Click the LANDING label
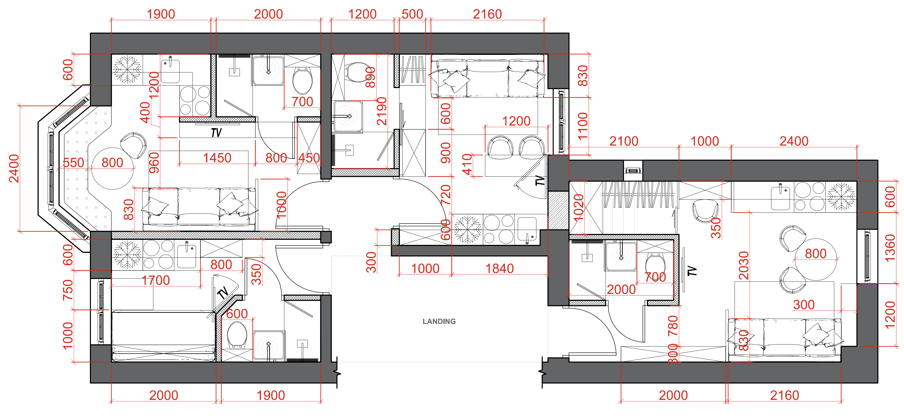pos(439,321)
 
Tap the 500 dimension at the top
pos(412,14)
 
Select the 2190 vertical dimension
pos(382,111)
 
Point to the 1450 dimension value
pos(217,158)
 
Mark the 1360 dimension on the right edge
pos(890,248)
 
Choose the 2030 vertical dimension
pos(744,265)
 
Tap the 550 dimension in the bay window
pos(73,163)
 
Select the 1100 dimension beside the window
pos(582,126)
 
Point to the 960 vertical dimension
pos(154,163)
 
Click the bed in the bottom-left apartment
pos(163,336)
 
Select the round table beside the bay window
pos(112,169)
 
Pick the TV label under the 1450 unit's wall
pos(216,133)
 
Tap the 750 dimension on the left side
pos(68,290)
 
